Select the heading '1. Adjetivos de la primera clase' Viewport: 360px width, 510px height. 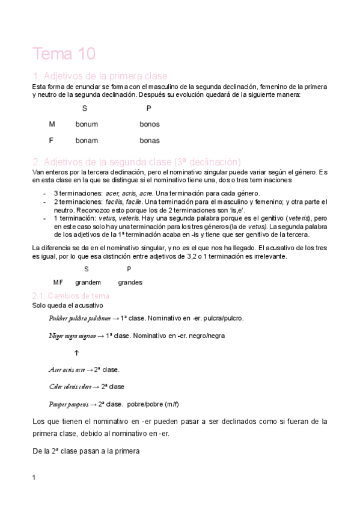tap(100, 76)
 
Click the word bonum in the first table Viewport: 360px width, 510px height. tap(87, 124)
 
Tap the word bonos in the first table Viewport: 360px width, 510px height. tap(150, 124)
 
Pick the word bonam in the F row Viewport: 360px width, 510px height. tap(87, 141)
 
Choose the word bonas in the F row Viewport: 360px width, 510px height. tap(150, 141)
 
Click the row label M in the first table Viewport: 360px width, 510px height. tap(52, 124)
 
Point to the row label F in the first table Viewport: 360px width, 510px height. tap(52, 141)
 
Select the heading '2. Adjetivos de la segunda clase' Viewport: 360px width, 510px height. tap(136, 162)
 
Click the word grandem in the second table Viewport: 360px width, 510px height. tap(88, 282)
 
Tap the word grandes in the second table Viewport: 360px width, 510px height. tap(130, 282)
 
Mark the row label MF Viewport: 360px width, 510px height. tap(58, 282)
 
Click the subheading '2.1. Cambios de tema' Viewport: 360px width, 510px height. tap(70, 296)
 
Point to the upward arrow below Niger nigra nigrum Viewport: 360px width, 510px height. tap(76, 352)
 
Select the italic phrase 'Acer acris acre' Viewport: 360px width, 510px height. tap(66, 369)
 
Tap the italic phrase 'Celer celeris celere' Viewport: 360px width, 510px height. tap(70, 387)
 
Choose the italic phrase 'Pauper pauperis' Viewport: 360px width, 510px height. tap(69, 404)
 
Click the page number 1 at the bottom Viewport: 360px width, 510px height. tap(34, 478)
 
